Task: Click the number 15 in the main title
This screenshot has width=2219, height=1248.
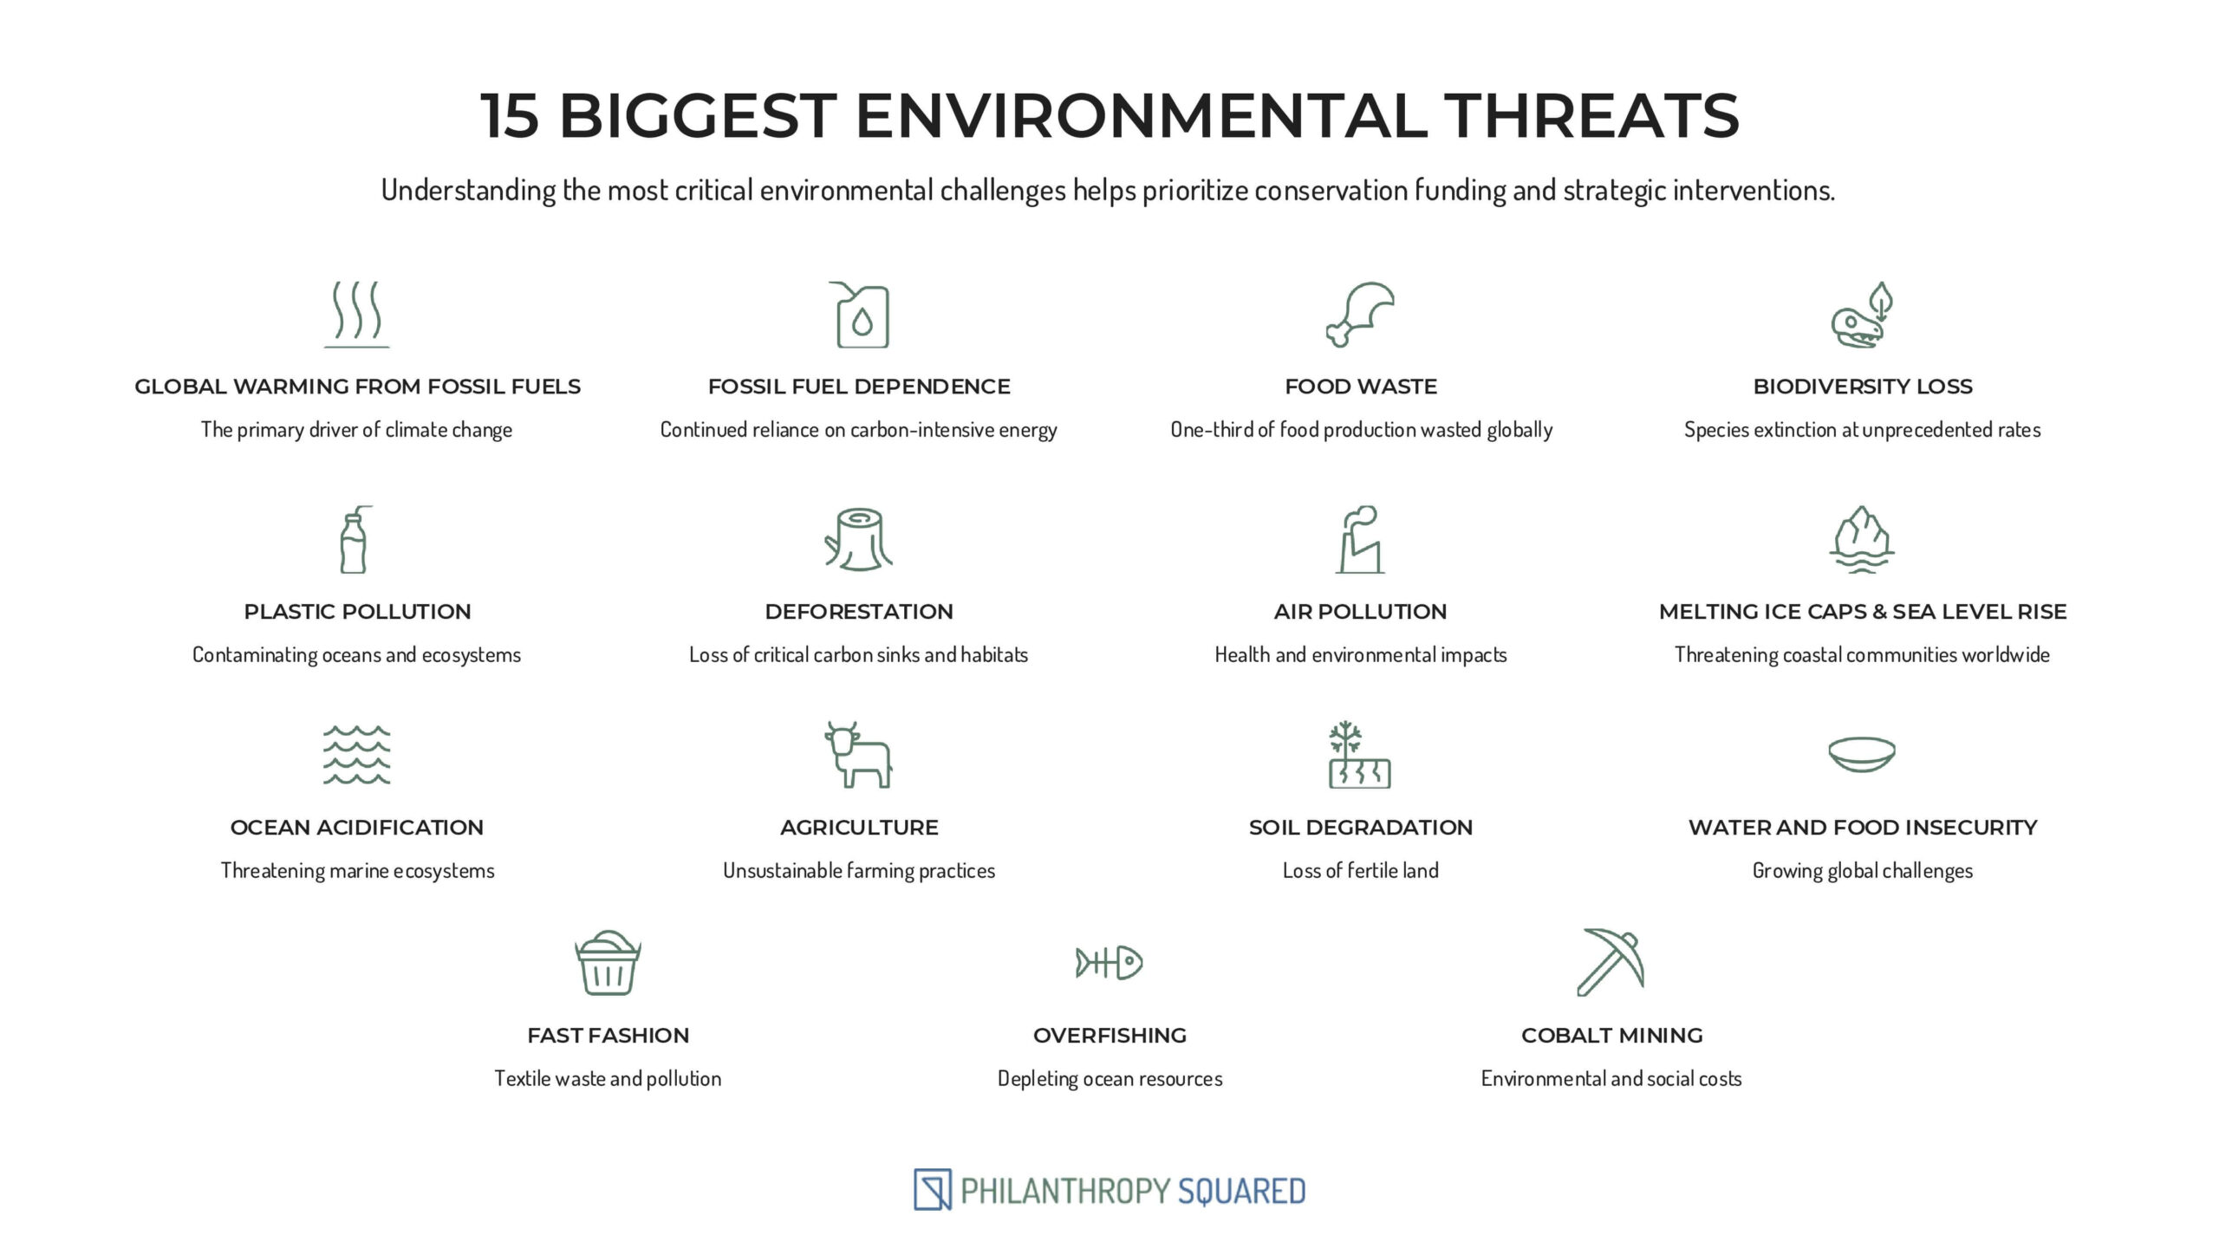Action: click(510, 115)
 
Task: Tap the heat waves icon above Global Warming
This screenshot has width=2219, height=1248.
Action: click(357, 314)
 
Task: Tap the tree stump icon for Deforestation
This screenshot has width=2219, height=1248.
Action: click(859, 539)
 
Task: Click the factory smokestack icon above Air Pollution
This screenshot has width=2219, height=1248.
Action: click(1360, 539)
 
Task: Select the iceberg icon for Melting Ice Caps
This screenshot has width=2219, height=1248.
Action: click(1862, 539)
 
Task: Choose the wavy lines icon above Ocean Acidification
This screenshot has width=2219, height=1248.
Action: click(357, 755)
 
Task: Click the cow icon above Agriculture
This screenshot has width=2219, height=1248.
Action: click(858, 755)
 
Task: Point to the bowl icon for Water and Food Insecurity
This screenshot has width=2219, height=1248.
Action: click(1862, 755)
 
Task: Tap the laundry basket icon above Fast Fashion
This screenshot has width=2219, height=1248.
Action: click(608, 963)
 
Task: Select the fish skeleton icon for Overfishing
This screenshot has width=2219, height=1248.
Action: click(1109, 963)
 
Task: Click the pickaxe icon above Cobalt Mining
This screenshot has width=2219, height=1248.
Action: click(1611, 963)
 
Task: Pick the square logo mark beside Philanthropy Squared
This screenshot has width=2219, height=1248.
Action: click(933, 1190)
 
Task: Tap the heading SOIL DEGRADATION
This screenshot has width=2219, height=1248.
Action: click(1361, 828)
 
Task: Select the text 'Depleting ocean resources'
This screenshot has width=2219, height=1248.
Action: click(1109, 1078)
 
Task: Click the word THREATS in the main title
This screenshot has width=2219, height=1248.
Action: click(1591, 115)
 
